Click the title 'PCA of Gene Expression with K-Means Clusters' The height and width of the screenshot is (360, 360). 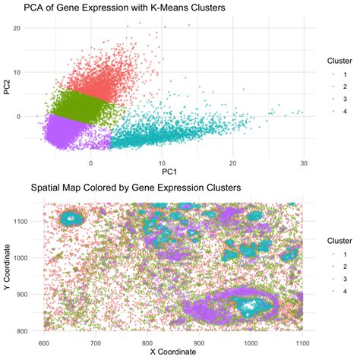(x=129, y=8)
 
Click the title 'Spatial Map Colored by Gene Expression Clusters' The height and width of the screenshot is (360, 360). (x=135, y=187)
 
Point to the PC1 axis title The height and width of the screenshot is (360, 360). (x=162, y=173)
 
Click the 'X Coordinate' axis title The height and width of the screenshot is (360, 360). (x=172, y=352)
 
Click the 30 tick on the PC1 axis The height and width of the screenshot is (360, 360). (x=304, y=163)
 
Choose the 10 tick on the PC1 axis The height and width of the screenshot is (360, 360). (x=162, y=163)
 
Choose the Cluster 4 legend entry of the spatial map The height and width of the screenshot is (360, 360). (x=339, y=291)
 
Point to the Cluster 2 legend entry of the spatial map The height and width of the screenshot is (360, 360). (x=339, y=267)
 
